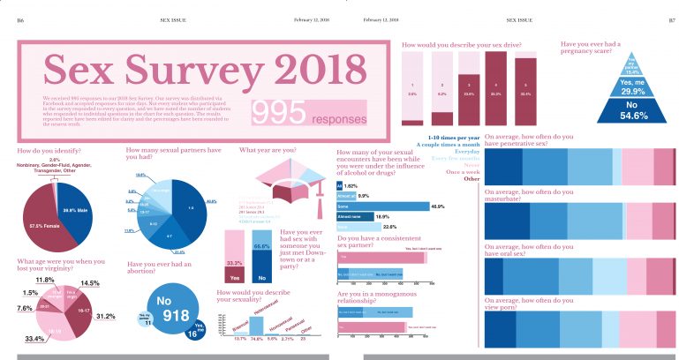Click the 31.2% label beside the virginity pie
[105, 316]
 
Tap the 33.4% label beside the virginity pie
[34, 339]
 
